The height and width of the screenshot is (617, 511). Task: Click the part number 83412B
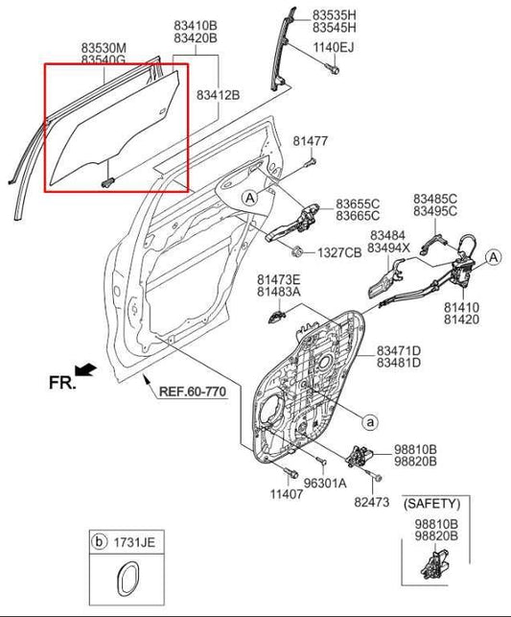[218, 95]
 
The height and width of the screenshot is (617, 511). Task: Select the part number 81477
[311, 141]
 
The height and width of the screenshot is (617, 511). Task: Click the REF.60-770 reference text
[192, 392]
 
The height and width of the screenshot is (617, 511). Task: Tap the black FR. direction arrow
[85, 369]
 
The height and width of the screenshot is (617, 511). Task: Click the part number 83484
[387, 235]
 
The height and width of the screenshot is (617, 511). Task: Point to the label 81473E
[278, 278]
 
